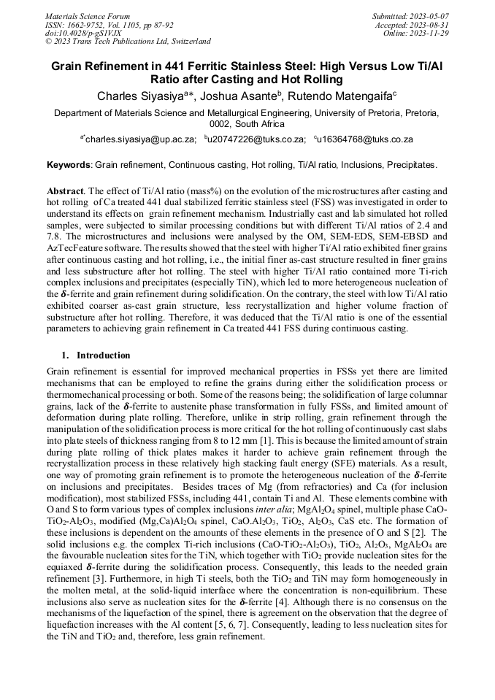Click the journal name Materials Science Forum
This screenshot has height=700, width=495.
point(88,15)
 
